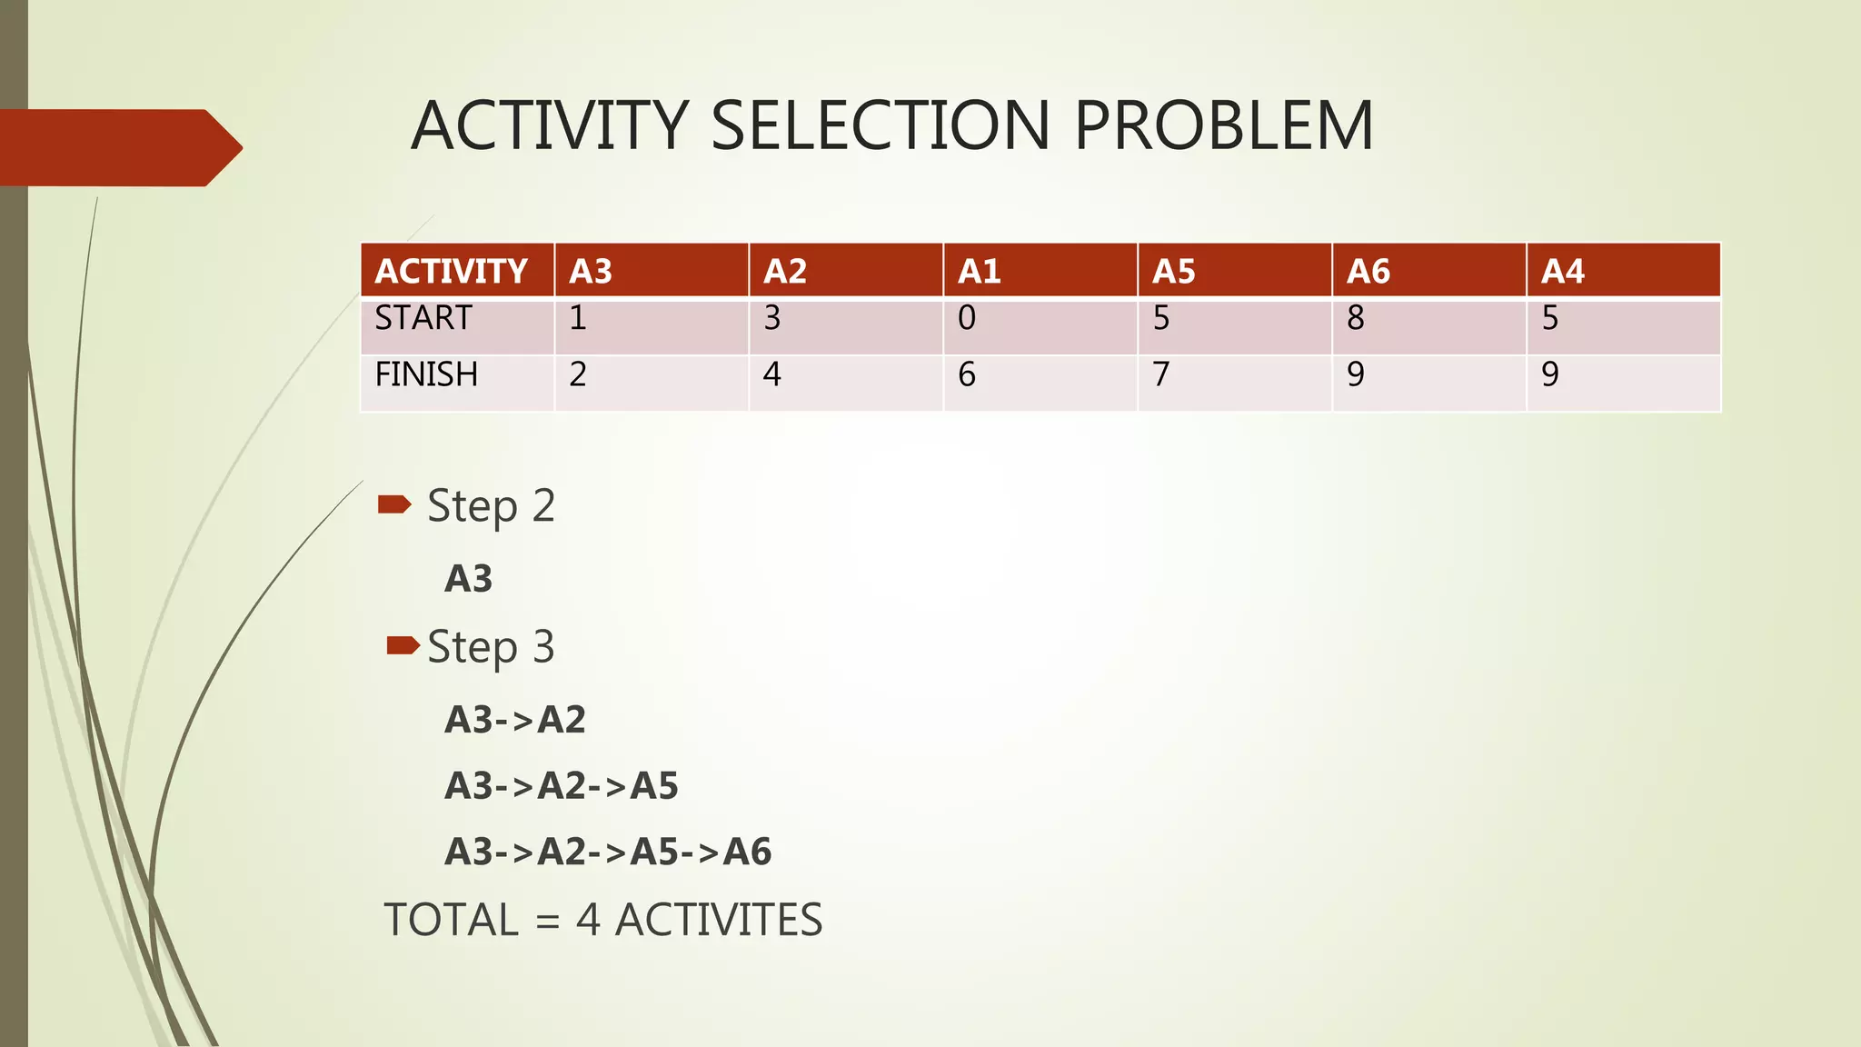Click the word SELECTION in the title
click(x=880, y=125)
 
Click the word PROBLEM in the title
click(x=1223, y=125)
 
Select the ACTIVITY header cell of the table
click(x=452, y=271)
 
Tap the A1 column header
click(x=979, y=271)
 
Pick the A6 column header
click(x=1368, y=271)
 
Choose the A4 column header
click(x=1562, y=271)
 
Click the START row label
click(x=423, y=318)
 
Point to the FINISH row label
click(x=426, y=374)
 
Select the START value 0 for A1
click(x=967, y=318)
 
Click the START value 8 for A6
click(x=1355, y=318)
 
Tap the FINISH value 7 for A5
click(x=1160, y=374)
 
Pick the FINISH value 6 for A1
click(x=967, y=374)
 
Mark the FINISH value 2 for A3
click(x=578, y=374)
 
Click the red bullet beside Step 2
click(x=394, y=504)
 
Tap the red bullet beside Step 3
click(x=403, y=645)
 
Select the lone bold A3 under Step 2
click(x=468, y=579)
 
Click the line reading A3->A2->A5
click(x=561, y=785)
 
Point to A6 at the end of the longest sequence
click(x=748, y=852)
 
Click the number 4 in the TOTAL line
click(x=588, y=920)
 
